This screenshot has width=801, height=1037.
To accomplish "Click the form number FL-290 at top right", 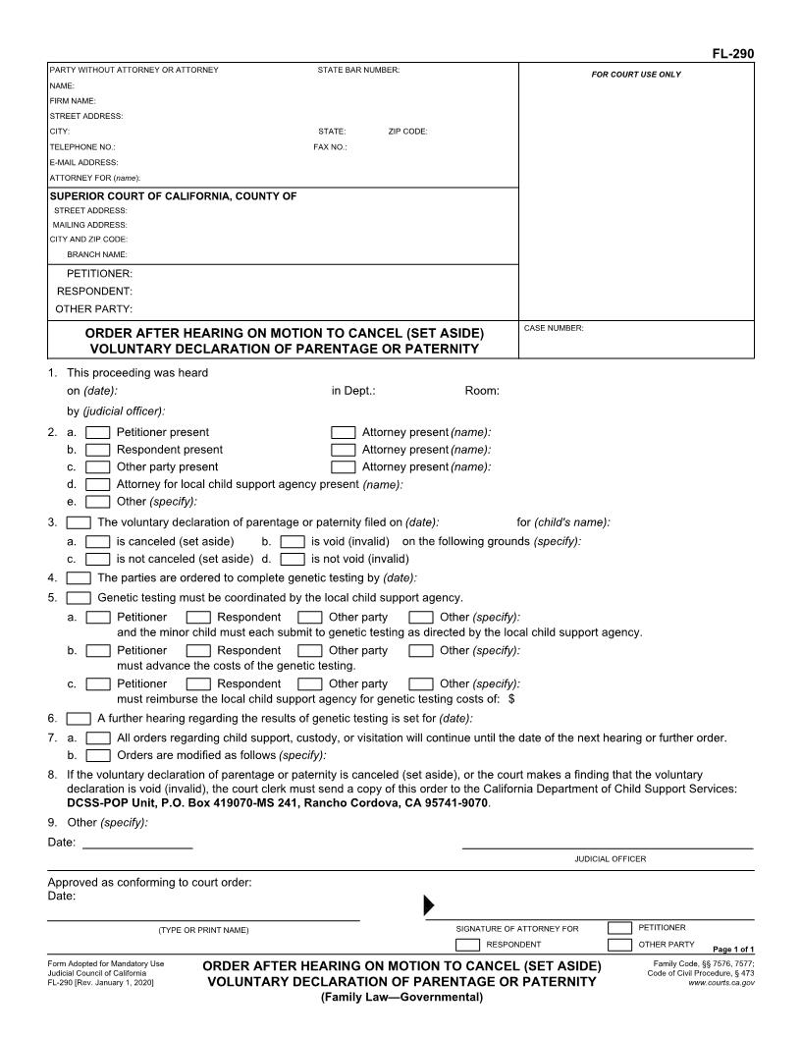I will [734, 54].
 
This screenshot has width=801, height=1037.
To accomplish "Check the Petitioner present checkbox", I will [98, 432].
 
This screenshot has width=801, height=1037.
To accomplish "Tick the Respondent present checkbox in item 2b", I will [98, 450].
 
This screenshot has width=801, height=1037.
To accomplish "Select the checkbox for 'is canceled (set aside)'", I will [98, 541].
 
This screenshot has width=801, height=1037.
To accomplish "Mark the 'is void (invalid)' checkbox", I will [292, 541].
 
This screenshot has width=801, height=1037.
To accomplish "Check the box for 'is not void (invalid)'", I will [292, 559].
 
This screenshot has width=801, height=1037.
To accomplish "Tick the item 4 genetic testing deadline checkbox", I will [79, 577].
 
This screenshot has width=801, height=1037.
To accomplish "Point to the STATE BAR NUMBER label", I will [358, 70].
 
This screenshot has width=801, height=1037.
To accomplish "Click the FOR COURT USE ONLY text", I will [635, 75].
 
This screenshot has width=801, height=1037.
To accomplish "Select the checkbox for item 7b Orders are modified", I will [98, 755].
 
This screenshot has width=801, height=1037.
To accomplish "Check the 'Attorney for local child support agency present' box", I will [98, 484].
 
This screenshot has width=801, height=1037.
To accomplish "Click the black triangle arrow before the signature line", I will [428, 904].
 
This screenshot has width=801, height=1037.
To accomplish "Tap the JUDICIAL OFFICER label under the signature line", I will [610, 859].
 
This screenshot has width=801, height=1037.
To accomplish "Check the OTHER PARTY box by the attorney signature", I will [619, 945].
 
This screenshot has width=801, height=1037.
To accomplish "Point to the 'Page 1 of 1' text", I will [732, 950].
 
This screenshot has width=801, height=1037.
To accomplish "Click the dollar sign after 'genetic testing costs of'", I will [511, 700].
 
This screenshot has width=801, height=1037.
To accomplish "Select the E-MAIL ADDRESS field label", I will [83, 162].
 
